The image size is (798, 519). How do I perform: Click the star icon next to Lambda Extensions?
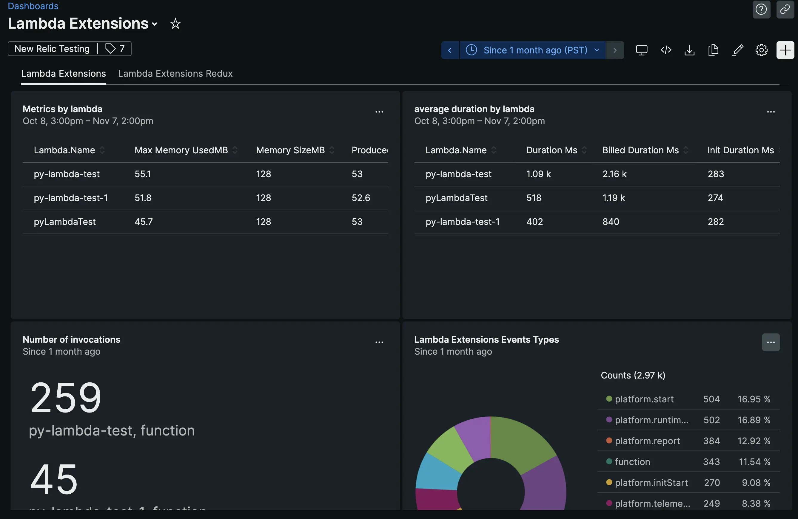coord(175,24)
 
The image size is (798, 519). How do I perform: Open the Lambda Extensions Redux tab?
coord(175,73)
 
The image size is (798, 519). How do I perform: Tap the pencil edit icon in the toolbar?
coord(737,50)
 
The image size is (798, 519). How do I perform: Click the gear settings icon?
coord(761,50)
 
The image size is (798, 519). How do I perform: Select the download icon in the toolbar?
coord(689,50)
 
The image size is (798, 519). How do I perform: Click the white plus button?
coord(785,50)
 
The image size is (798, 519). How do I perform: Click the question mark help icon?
coord(761,9)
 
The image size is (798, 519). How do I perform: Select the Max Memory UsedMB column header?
coord(181,150)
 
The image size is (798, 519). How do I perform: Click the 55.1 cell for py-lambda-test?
coord(143,174)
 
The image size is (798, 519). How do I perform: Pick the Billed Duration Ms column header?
coord(640,150)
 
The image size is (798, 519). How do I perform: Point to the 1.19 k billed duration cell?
coord(613,198)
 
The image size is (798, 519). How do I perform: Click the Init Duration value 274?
coord(715,198)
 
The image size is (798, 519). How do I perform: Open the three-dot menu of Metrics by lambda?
coord(379,112)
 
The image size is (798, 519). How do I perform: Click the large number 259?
coord(66,398)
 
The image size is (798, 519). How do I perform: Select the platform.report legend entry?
coord(647,441)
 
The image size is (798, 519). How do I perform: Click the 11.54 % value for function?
coord(754,462)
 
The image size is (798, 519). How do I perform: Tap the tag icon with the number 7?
coord(115,49)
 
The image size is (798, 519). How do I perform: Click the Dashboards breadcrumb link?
coord(33,6)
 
